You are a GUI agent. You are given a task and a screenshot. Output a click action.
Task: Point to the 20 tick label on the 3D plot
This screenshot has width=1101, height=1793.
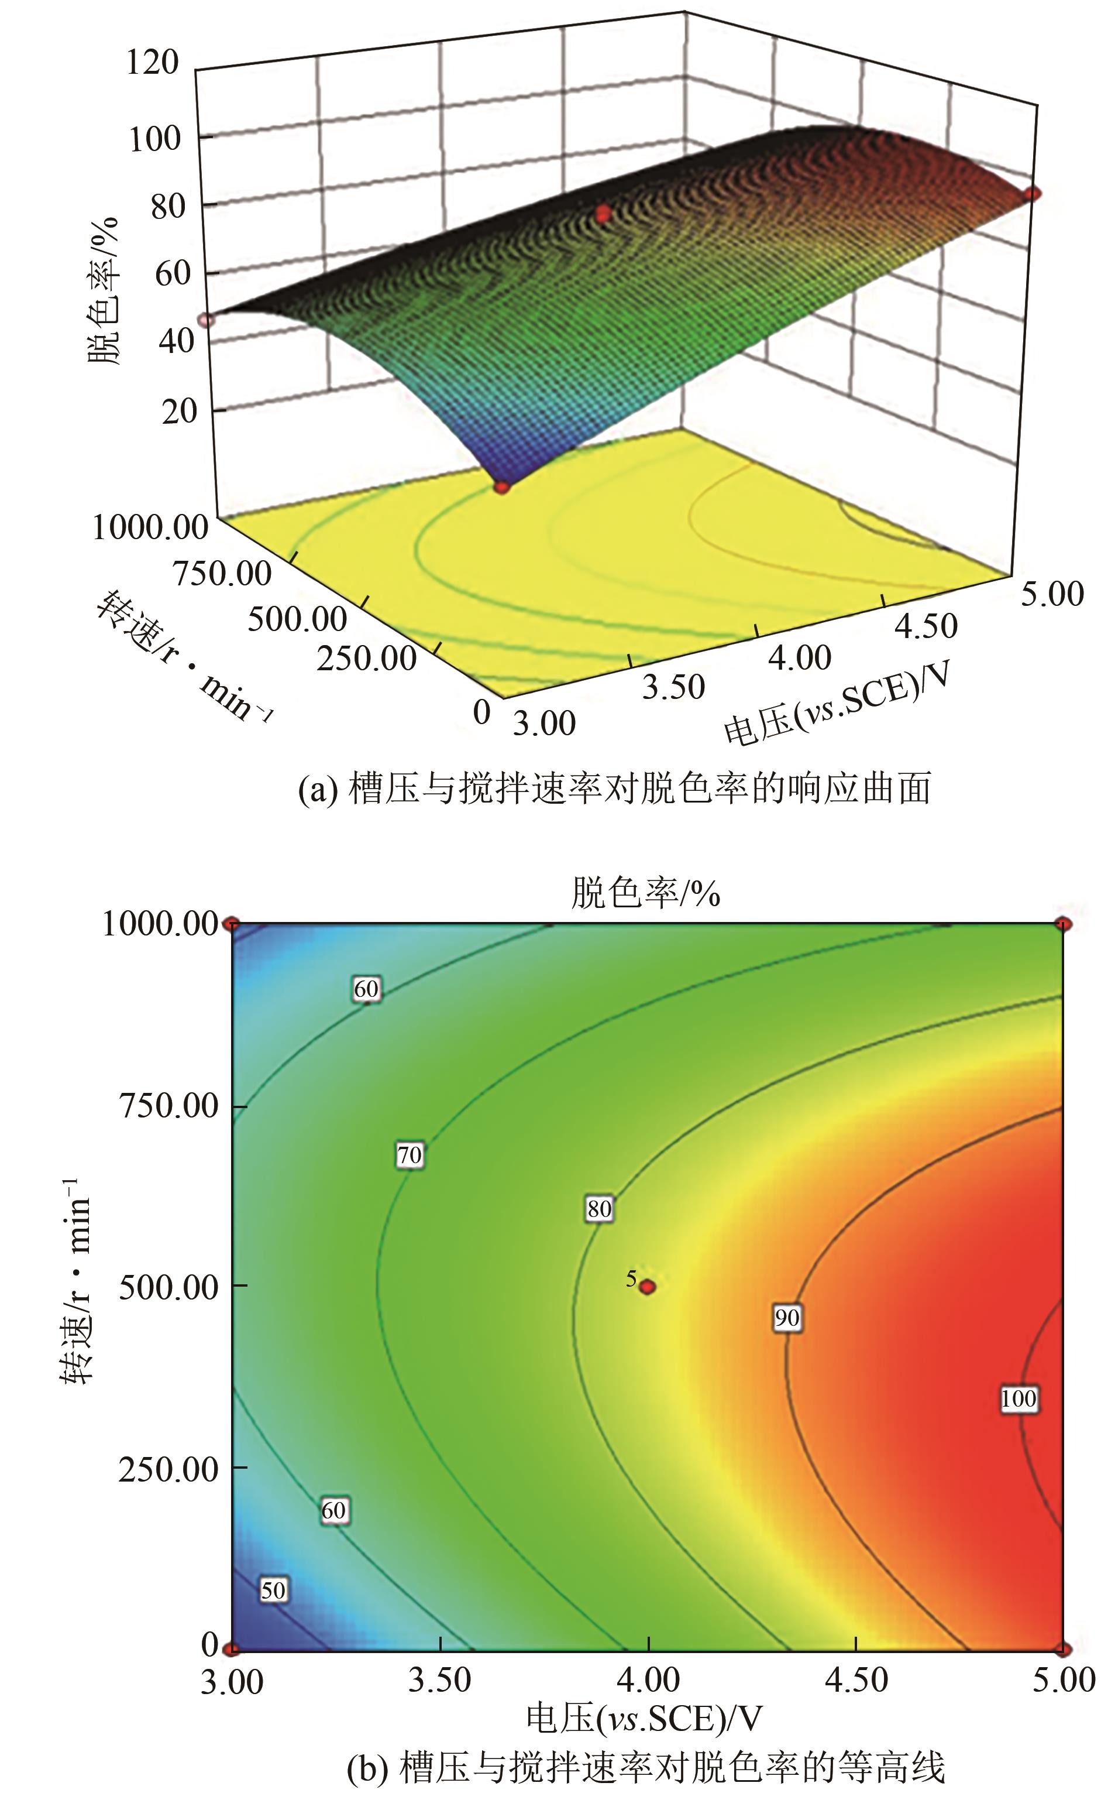(179, 412)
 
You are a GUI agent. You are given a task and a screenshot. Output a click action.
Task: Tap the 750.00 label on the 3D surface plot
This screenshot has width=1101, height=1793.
(222, 574)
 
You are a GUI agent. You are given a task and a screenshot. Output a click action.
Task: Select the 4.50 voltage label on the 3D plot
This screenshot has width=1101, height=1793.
(925, 626)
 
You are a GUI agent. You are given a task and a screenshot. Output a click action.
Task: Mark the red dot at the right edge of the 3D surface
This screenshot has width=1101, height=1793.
(1032, 194)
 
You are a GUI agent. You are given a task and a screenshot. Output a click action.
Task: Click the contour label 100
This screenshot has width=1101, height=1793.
(1018, 1399)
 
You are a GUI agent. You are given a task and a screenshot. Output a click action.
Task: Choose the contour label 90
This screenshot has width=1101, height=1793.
(786, 1318)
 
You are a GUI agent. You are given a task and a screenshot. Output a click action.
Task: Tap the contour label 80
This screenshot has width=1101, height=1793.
(599, 1209)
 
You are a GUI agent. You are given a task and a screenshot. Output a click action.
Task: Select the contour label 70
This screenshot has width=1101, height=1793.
(410, 1155)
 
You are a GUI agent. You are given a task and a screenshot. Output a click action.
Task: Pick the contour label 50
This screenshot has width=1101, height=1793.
(273, 1590)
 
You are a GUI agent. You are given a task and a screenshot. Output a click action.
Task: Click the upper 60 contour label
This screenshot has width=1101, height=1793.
(366, 989)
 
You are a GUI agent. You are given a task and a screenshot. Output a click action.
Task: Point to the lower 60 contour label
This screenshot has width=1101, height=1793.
(333, 1510)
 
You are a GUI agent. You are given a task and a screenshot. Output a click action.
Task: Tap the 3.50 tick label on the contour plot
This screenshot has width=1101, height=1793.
(440, 1681)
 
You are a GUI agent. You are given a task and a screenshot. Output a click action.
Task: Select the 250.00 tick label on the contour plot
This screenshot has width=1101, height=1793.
(168, 1469)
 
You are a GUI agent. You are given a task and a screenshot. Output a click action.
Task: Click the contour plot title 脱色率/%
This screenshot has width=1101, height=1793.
(645, 893)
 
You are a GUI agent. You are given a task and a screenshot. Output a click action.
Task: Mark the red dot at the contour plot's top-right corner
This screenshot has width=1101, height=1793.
(1063, 924)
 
